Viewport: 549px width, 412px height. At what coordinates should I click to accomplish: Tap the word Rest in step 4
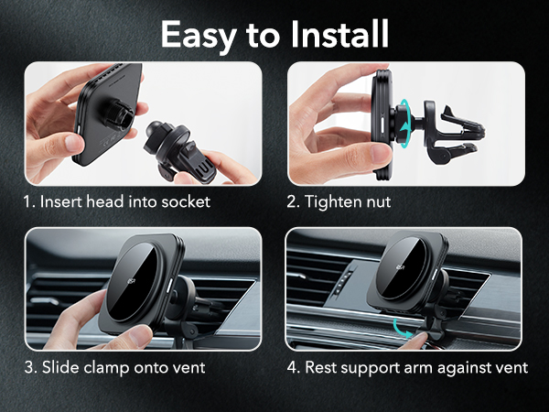pyautogui.click(x=321, y=368)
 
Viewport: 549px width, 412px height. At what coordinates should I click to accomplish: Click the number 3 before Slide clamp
pyautogui.click(x=30, y=368)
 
